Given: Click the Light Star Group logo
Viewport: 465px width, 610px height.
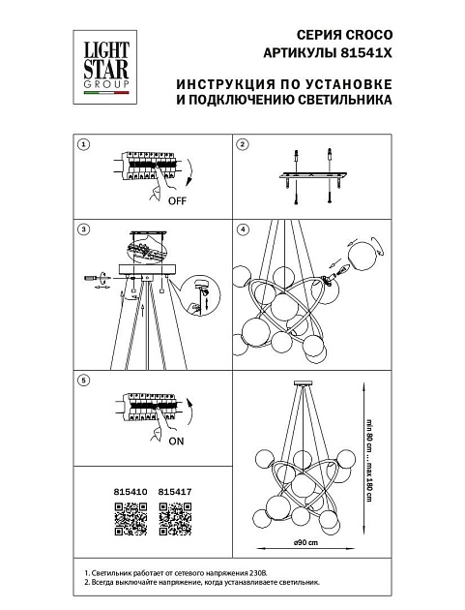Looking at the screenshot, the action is (x=104, y=68).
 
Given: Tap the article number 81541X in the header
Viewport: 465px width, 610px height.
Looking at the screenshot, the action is (x=366, y=53).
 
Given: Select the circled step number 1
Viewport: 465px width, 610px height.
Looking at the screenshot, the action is (x=83, y=144).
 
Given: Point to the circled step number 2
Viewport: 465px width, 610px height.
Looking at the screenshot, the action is (x=243, y=144).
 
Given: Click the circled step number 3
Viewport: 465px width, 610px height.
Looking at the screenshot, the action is (x=83, y=229).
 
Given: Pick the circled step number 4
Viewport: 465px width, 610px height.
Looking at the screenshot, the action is (x=243, y=229).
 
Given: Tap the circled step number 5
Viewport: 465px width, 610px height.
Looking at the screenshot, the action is (x=83, y=381).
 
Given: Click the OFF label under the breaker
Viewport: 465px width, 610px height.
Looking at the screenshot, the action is (x=177, y=201).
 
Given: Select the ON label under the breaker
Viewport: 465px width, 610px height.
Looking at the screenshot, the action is (x=176, y=442).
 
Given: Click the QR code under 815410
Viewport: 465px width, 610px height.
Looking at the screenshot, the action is (x=131, y=519).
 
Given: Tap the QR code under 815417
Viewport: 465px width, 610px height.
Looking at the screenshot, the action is (x=175, y=519).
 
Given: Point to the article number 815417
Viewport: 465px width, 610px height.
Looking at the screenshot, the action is (x=175, y=492).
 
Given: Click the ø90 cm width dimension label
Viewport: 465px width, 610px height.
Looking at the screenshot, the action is (x=305, y=542).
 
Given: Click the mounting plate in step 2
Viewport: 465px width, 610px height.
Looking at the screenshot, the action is (x=312, y=176).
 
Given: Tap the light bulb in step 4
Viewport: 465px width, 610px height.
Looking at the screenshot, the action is (x=342, y=270).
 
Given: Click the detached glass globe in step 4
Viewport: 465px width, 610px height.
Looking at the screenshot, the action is (x=362, y=254).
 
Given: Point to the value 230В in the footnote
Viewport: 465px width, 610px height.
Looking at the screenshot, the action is (x=258, y=573).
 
